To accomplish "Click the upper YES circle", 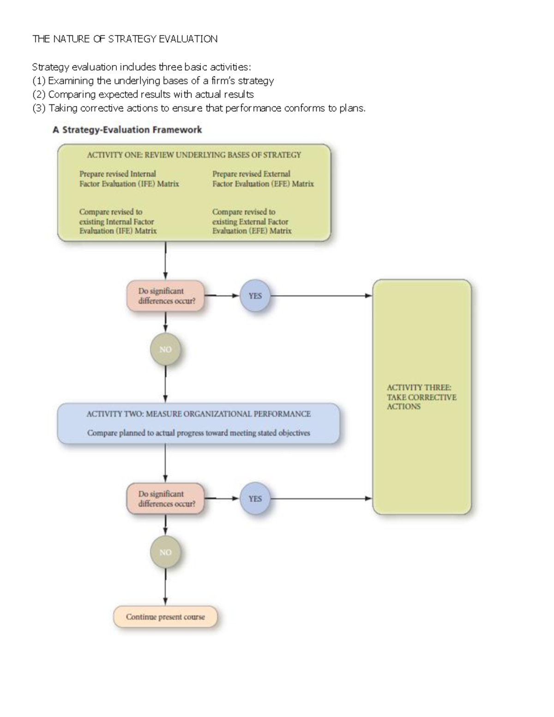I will [x=255, y=296].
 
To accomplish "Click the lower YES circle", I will [x=255, y=499].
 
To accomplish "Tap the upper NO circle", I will [x=165, y=349].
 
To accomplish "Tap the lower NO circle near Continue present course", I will [x=165, y=552].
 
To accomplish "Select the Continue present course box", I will [x=165, y=617].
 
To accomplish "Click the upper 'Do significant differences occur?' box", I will [x=166, y=296].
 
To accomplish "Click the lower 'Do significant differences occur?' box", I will [x=166, y=499].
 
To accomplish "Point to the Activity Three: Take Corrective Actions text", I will [x=421, y=397].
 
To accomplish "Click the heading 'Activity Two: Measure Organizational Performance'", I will [x=199, y=414].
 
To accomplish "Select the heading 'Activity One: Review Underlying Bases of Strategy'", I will [x=194, y=155].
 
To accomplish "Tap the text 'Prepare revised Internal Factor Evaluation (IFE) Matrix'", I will [x=129, y=179].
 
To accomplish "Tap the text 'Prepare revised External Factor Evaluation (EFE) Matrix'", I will [x=263, y=179].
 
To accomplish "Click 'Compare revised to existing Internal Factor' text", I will [x=118, y=221].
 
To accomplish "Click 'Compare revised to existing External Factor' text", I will [x=252, y=221].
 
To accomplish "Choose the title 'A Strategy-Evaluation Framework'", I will [x=127, y=130].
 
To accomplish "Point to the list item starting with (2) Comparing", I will [x=143, y=95].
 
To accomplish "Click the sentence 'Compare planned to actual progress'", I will [x=199, y=433].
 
